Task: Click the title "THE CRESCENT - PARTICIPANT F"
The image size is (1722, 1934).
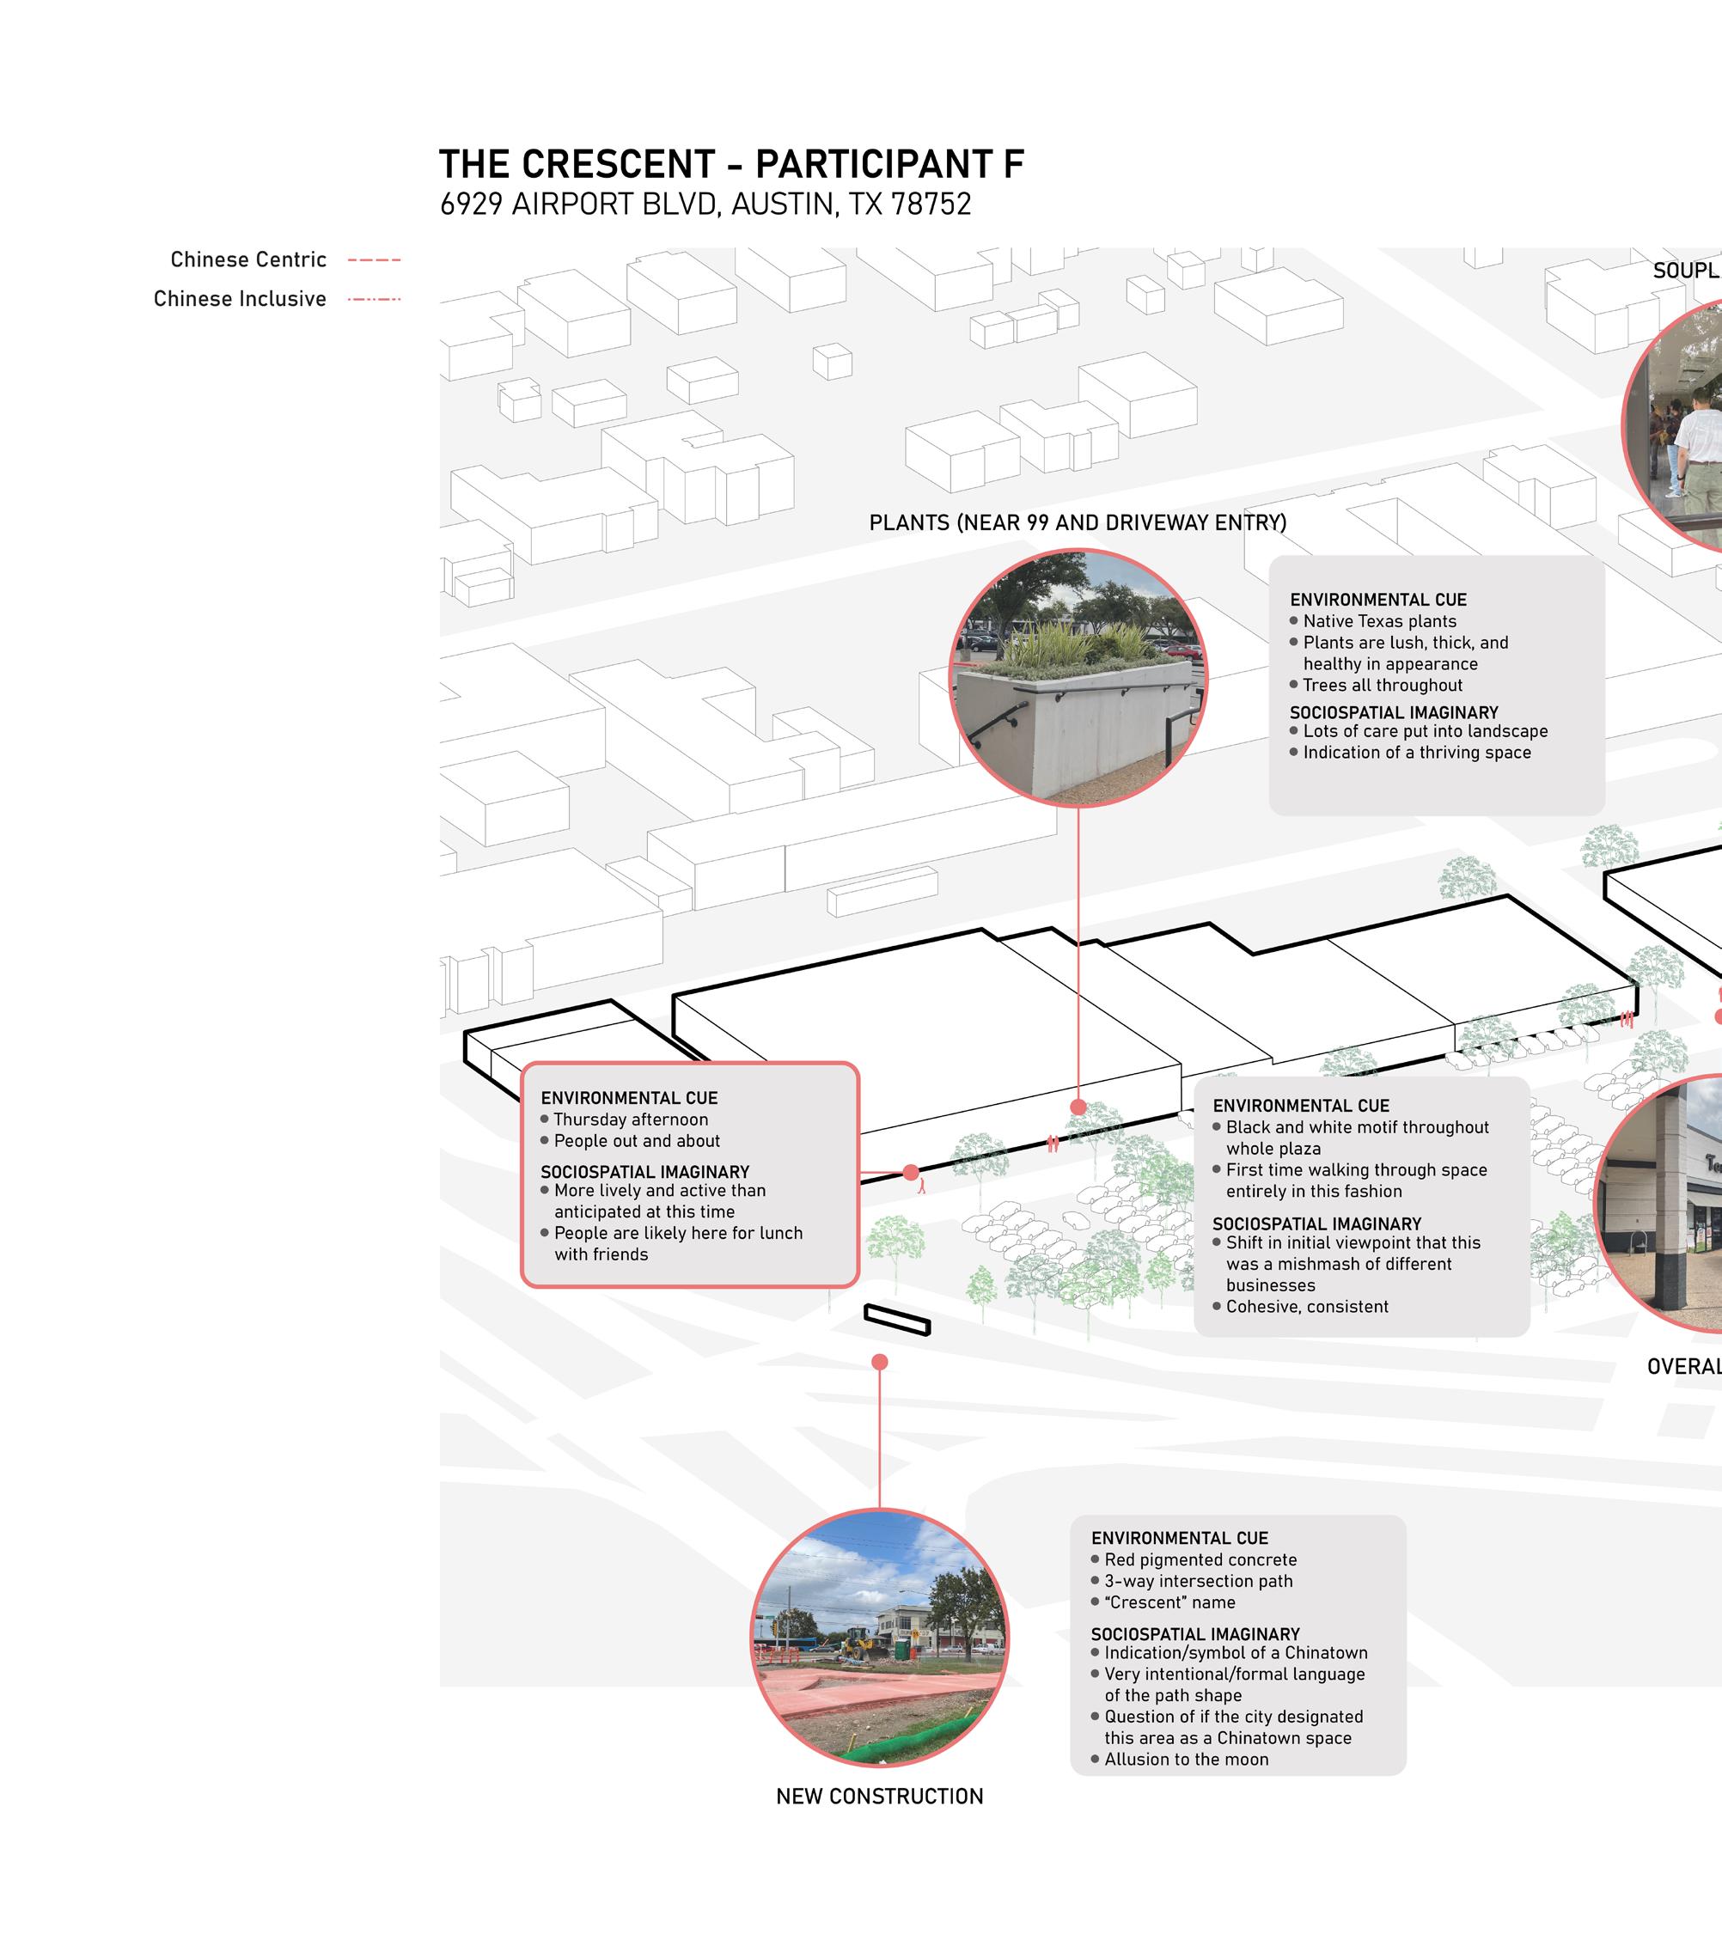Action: [x=730, y=165]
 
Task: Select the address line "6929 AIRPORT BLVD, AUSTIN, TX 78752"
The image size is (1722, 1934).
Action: [x=705, y=205]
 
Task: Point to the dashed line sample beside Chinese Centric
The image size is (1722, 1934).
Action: [x=375, y=260]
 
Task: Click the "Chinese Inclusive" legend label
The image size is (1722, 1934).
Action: [x=240, y=299]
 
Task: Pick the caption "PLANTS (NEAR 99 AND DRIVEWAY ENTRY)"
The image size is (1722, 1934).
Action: [x=1078, y=523]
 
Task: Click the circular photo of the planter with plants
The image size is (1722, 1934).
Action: [x=1078, y=678]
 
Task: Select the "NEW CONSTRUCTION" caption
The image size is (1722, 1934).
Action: [x=879, y=1796]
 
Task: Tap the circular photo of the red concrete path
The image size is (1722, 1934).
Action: [x=879, y=1638]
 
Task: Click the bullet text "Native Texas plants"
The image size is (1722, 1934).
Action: [x=1378, y=622]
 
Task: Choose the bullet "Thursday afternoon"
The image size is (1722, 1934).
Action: [x=630, y=1120]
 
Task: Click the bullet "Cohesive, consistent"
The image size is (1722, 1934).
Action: [x=1307, y=1307]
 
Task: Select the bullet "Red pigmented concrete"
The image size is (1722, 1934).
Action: [x=1200, y=1559]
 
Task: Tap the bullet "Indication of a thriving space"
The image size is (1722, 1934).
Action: [x=1416, y=753]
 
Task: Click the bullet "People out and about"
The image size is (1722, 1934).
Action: [x=637, y=1141]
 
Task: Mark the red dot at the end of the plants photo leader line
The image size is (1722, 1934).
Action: [x=1078, y=1107]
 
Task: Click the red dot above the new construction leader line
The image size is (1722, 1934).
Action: [x=879, y=1362]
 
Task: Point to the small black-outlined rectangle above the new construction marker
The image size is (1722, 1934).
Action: [x=897, y=1320]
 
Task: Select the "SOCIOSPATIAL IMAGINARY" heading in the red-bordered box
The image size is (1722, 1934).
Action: [x=644, y=1171]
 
